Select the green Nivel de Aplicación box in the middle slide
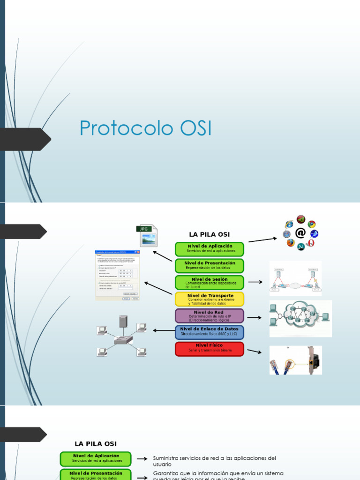[x=210, y=248]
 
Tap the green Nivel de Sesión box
[x=210, y=282]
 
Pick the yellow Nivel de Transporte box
[x=210, y=299]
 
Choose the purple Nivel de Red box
[x=210, y=315]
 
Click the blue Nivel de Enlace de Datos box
[x=210, y=332]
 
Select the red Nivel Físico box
[x=210, y=349]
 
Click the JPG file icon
[x=147, y=235]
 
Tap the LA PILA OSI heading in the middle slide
[x=209, y=234]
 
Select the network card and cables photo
[x=295, y=360]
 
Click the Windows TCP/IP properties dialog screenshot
[x=118, y=276]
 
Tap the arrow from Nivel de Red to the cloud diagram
[x=255, y=317]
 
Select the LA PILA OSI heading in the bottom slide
[x=96, y=443]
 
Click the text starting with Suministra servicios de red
[x=214, y=461]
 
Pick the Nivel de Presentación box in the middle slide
[x=210, y=265]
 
